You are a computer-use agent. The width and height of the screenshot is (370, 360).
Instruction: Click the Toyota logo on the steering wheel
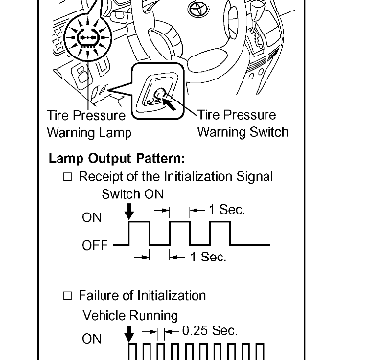pos(198,9)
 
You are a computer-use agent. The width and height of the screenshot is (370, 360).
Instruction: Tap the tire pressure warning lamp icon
pos(87,38)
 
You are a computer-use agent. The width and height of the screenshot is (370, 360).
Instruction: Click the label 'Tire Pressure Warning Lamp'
pos(89,124)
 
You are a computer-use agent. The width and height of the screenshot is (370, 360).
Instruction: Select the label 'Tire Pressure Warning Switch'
pos(243,124)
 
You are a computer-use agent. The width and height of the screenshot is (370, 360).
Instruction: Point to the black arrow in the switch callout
pos(169,103)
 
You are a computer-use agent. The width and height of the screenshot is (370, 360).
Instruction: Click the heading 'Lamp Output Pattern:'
pos(117,158)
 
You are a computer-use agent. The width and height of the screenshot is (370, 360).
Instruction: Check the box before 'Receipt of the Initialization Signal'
pos(67,177)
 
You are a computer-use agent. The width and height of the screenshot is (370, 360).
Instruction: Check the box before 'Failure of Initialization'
pos(67,296)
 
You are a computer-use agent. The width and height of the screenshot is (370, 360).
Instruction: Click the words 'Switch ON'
pos(132,194)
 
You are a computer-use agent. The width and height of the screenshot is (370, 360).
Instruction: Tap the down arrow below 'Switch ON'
pos(129,212)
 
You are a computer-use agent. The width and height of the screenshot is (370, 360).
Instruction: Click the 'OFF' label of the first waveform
pos(95,245)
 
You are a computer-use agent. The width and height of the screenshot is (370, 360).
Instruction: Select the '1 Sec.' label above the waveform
pos(227,210)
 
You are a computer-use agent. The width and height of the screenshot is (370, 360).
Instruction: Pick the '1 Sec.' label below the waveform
pos(208,257)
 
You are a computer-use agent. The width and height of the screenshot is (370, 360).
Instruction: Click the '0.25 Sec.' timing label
pos(210,330)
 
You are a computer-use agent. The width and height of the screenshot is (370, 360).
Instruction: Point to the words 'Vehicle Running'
pos(130,316)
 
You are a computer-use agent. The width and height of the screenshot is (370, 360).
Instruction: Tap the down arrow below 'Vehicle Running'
pos(128,333)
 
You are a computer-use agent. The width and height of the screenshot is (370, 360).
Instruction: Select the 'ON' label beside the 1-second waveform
pos(92,217)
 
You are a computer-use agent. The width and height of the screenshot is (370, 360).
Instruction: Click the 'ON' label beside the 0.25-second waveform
pos(92,339)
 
